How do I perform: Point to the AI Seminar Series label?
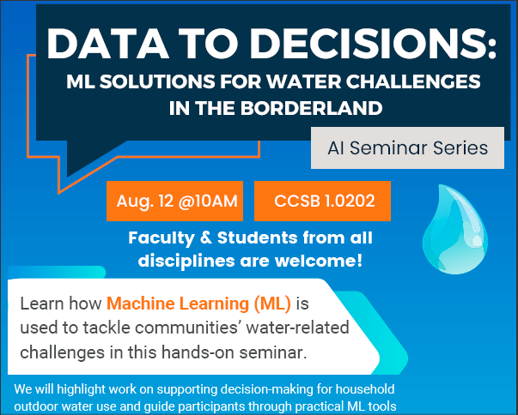pos(407,147)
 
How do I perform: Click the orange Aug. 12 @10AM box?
pos(175,201)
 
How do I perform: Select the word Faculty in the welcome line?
pos(160,238)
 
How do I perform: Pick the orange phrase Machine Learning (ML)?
pos(198,304)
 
